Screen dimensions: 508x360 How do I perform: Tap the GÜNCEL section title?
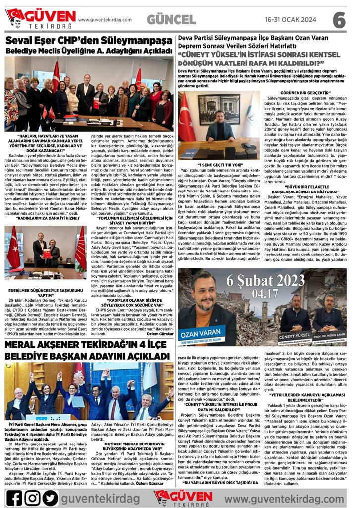[172, 20]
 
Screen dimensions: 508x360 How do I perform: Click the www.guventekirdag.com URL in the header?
[105, 20]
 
